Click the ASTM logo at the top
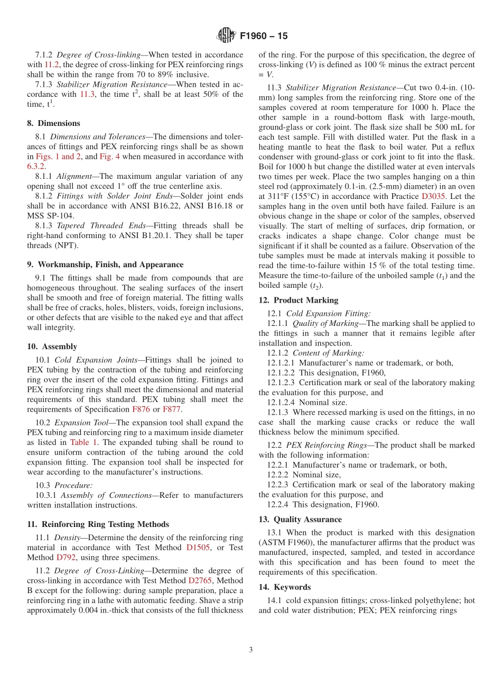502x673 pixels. (226, 36)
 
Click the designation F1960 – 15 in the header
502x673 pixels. (264, 37)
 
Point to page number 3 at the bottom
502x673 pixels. (251, 650)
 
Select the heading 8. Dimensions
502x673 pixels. (53, 123)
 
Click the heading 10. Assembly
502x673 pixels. (52, 347)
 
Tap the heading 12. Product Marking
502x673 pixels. (291, 301)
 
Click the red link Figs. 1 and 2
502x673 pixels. (58, 157)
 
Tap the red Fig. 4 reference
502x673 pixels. (110, 157)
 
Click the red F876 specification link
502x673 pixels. (141, 410)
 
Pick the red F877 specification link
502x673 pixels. (171, 410)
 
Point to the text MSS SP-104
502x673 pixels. (48, 216)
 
